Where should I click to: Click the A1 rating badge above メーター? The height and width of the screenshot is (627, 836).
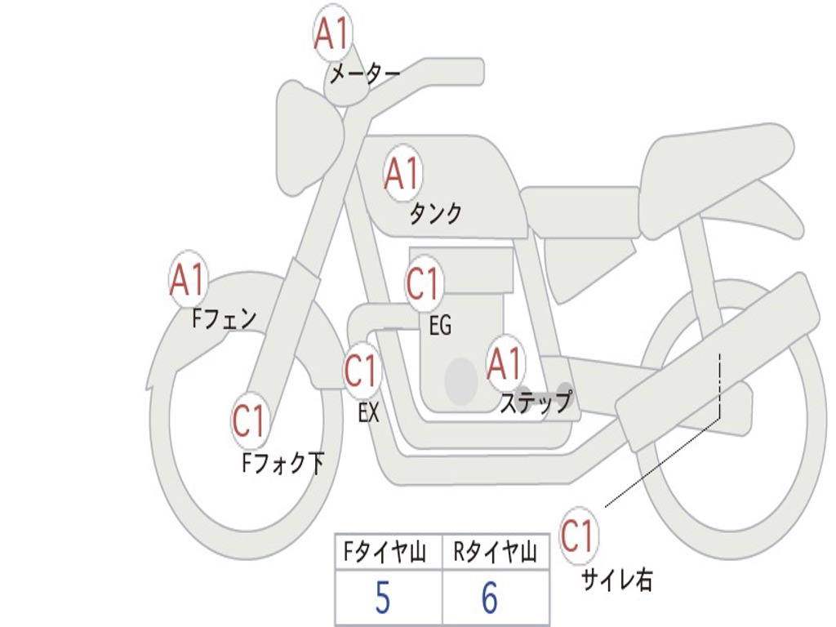[x=332, y=35]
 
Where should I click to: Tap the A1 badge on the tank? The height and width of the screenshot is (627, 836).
[x=402, y=173]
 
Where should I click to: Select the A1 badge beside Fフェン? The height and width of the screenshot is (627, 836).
[x=188, y=280]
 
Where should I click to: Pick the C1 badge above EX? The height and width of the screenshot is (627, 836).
[x=361, y=371]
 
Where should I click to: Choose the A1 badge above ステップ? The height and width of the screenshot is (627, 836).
[x=505, y=364]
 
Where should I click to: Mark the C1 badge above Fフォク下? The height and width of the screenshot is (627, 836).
[x=249, y=421]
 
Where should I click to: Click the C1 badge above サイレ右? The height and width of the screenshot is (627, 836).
[x=577, y=536]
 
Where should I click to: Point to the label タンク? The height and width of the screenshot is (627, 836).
[x=435, y=214]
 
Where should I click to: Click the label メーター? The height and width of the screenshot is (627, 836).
[x=364, y=75]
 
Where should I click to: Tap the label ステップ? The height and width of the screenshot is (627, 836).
[x=536, y=402]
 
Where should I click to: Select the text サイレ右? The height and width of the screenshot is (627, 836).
[x=616, y=580]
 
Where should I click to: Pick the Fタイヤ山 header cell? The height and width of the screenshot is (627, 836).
[x=388, y=554]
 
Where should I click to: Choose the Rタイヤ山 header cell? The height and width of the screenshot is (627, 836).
[x=495, y=554]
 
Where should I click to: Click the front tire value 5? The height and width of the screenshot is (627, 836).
[x=382, y=599]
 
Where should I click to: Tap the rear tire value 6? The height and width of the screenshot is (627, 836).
[x=490, y=599]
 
